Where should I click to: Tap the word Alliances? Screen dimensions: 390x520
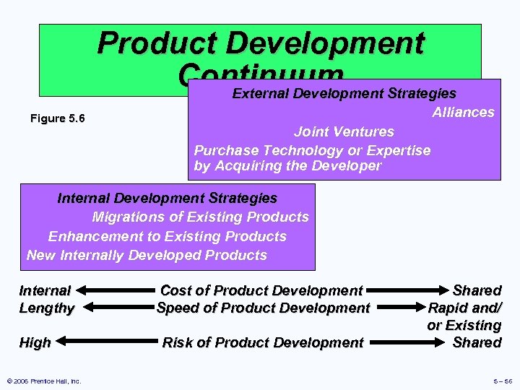click(463, 112)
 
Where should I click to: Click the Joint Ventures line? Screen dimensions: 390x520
click(344, 131)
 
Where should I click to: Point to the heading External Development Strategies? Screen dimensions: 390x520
click(344, 93)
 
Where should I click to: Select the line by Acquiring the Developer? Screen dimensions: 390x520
click(287, 165)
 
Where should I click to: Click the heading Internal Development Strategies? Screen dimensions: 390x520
click(167, 198)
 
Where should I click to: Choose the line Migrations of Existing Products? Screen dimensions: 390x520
click(200, 217)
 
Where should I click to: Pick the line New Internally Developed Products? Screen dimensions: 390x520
click(147, 255)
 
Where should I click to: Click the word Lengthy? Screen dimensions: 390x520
click(47, 308)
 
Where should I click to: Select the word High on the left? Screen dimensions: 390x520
click(35, 343)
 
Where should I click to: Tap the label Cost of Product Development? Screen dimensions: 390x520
click(261, 290)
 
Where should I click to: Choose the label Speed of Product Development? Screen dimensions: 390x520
click(263, 308)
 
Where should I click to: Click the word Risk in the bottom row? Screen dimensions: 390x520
click(178, 343)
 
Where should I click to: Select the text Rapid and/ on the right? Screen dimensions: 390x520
click(464, 308)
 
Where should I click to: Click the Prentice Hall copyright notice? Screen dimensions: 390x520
click(43, 381)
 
